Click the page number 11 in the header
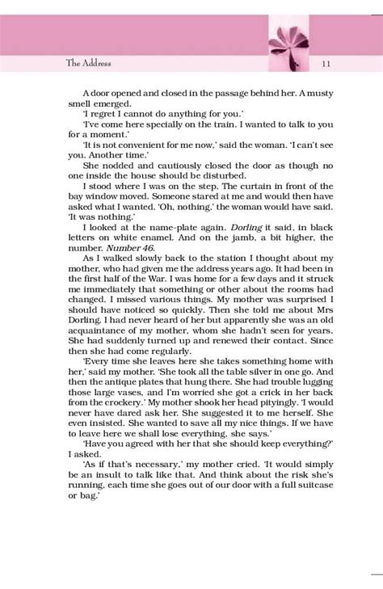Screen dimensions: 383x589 [x=324, y=64]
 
